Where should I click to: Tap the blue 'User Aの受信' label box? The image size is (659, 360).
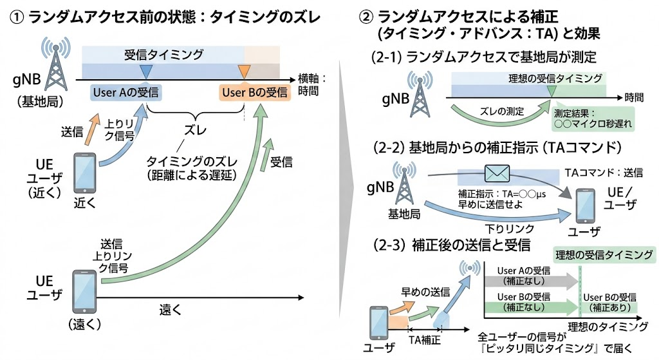pos(126,92)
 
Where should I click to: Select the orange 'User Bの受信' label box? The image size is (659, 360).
pos(253,93)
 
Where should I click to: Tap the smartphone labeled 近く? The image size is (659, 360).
pos(84,171)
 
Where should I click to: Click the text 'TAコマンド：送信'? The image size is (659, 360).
pos(603,173)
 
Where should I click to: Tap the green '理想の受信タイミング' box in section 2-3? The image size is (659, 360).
pos(604,253)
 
